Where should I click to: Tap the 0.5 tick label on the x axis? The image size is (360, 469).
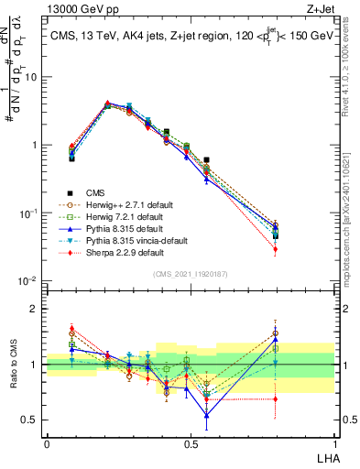click(191, 444)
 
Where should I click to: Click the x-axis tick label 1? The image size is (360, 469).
click(333, 444)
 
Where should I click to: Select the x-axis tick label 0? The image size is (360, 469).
click(47, 444)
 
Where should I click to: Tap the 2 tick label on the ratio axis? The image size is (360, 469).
click(36, 309)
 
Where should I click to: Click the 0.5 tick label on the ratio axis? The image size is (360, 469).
click(31, 420)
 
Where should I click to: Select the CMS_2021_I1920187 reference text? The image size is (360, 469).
click(191, 273)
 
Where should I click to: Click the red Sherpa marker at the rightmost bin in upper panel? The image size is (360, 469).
click(300, 249)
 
